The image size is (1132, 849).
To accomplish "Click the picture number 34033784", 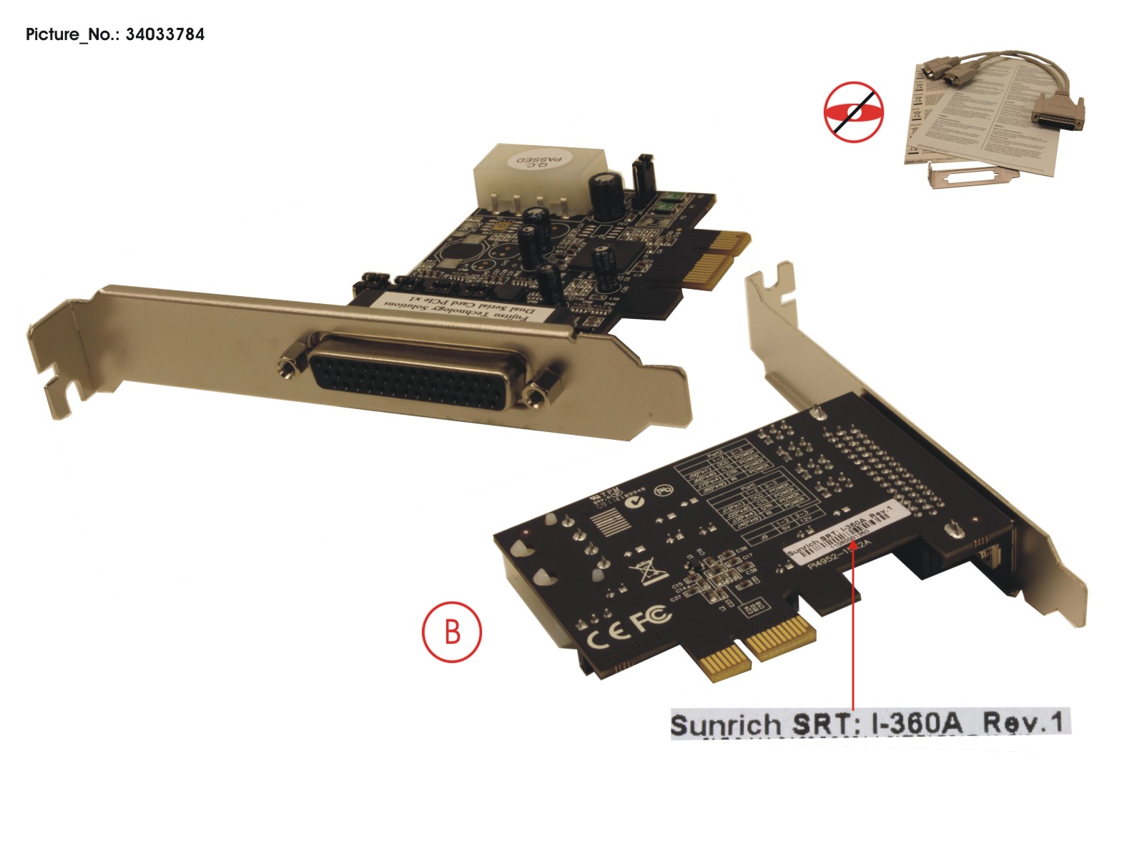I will click(164, 34).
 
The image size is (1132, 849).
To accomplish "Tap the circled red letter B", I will click(452, 632).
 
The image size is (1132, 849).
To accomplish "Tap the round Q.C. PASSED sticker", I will click(541, 161).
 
